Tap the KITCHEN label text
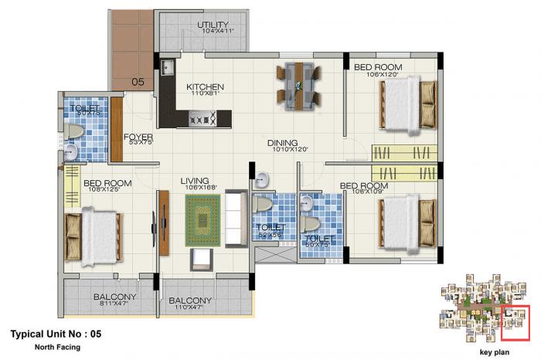tap(205, 87)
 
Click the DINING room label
tap(283, 143)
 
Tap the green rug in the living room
tap(203, 220)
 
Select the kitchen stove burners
tap(202, 118)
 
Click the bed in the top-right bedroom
tap(408, 105)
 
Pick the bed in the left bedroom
tap(93, 235)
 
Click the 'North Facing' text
tap(57, 348)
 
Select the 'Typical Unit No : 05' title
tap(56, 335)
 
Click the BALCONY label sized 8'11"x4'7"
tap(114, 297)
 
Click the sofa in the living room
tap(236, 220)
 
